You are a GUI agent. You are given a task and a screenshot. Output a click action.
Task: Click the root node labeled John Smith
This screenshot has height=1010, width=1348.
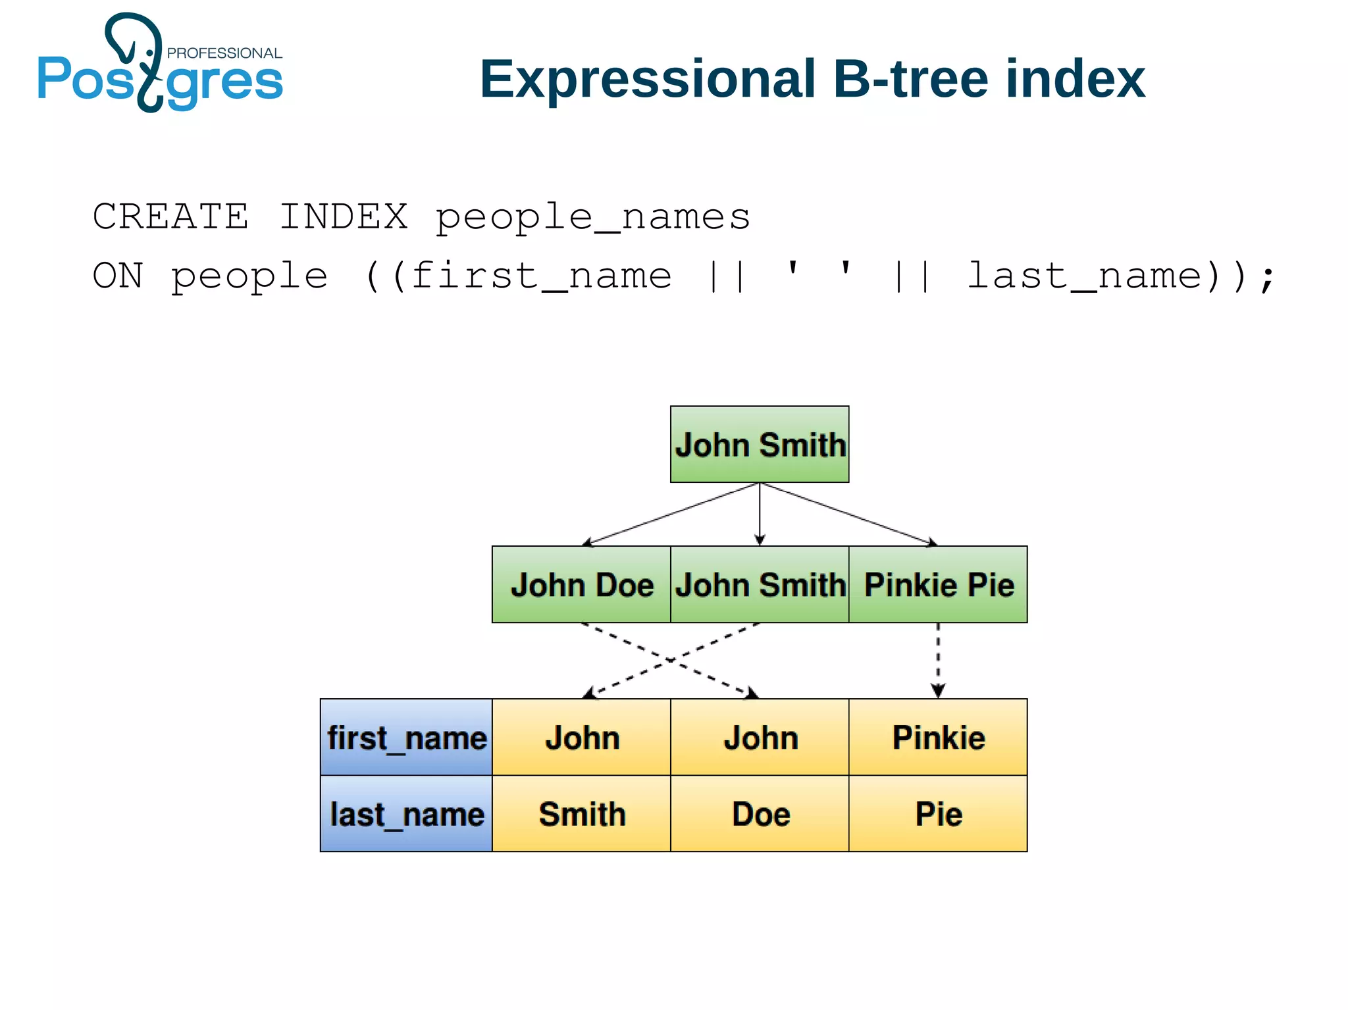pyautogui.click(x=760, y=444)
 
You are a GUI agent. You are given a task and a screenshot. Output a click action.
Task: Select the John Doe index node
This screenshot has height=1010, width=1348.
pyautogui.click(x=581, y=584)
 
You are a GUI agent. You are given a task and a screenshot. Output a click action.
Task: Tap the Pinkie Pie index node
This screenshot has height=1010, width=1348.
pyautogui.click(x=938, y=584)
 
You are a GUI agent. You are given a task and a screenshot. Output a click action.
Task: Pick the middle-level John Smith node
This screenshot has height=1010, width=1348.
pyautogui.click(x=760, y=584)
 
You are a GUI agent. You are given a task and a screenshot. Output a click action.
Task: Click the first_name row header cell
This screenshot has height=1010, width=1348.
pyautogui.click(x=406, y=737)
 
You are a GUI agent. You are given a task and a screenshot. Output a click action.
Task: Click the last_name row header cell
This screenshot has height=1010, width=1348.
pyautogui.click(x=406, y=814)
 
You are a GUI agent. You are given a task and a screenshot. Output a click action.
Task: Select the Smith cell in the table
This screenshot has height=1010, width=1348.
pyautogui.click(x=581, y=814)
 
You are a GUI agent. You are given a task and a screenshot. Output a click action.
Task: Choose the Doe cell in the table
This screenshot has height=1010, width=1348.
pyautogui.click(x=760, y=814)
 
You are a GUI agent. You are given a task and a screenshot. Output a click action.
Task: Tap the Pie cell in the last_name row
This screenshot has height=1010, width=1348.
pyautogui.click(x=938, y=814)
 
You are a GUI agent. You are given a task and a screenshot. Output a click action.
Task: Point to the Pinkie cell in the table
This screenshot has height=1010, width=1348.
pyautogui.click(x=938, y=737)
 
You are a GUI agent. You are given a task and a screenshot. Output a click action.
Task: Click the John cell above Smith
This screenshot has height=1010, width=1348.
pyautogui.click(x=581, y=737)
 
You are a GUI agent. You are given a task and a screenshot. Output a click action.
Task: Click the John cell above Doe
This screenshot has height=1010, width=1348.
pyautogui.click(x=760, y=737)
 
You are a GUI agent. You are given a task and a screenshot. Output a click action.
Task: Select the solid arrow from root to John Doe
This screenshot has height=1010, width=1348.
pyautogui.click(x=671, y=514)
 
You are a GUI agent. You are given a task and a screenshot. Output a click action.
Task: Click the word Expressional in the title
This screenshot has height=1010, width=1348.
pyautogui.click(x=647, y=79)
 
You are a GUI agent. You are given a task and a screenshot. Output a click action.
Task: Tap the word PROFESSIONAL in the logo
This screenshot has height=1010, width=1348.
pyautogui.click(x=224, y=53)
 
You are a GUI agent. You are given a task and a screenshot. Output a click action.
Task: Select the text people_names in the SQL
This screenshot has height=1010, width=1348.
pyautogui.click(x=592, y=217)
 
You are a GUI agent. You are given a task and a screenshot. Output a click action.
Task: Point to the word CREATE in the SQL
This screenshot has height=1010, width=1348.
pyautogui.click(x=170, y=217)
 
